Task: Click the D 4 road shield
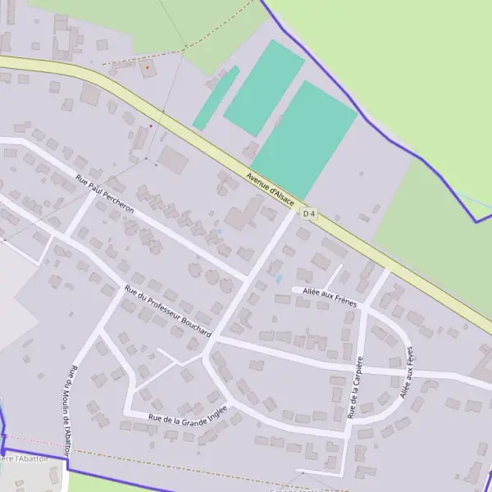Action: (x=309, y=214)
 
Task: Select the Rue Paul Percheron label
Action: (x=104, y=194)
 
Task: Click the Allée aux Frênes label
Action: (x=329, y=297)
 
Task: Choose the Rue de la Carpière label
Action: (x=355, y=388)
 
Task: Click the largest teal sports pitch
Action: (x=304, y=139)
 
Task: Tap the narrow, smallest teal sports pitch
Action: (x=216, y=98)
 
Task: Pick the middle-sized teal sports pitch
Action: (x=264, y=87)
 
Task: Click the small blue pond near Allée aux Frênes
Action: (x=279, y=279)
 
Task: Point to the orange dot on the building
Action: (x=148, y=69)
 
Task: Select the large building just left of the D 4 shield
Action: (x=240, y=218)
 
